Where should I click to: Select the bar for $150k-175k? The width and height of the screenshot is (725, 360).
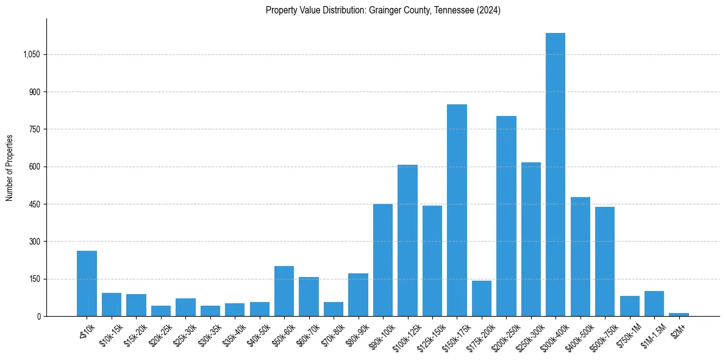click(x=457, y=210)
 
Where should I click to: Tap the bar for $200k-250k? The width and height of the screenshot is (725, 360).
click(x=506, y=216)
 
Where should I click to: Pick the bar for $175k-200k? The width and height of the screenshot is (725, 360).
click(x=482, y=298)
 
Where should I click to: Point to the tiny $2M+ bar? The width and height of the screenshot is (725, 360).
click(x=679, y=314)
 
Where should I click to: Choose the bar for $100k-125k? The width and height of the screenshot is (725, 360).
click(x=407, y=240)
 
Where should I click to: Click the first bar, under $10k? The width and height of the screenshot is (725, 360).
click(x=87, y=283)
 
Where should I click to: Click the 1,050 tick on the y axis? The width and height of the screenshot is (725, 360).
click(x=31, y=55)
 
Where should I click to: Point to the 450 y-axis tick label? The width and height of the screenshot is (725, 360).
click(x=34, y=204)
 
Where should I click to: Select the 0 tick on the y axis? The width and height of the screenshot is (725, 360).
click(x=38, y=317)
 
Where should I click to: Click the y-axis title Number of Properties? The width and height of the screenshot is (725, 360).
click(x=10, y=167)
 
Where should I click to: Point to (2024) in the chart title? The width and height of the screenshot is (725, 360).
click(x=489, y=10)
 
